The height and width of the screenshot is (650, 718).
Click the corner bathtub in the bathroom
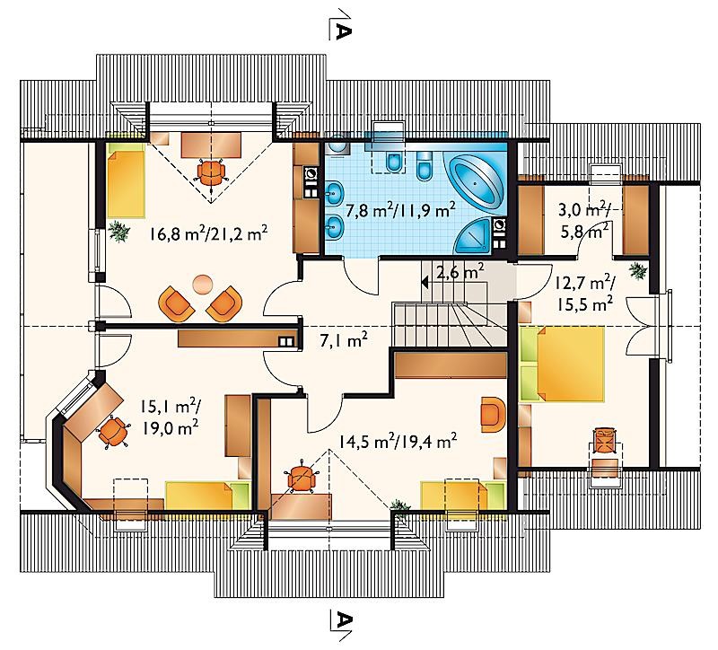click(475, 181)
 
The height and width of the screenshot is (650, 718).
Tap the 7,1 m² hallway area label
click(344, 341)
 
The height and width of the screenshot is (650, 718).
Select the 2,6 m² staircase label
click(460, 273)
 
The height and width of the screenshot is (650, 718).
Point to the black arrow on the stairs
click(425, 282)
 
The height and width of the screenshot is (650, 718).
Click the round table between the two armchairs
click(202, 284)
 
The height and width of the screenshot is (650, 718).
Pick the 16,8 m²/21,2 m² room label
click(208, 233)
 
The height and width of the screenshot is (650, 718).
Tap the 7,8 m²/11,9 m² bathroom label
click(400, 210)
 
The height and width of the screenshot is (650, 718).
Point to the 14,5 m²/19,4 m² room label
click(398, 442)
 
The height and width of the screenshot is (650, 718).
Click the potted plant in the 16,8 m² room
click(119, 232)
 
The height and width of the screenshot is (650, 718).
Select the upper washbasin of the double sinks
click(335, 192)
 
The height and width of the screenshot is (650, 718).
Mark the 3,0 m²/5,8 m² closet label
click(584, 220)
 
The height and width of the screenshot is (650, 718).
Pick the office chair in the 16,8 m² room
click(211, 171)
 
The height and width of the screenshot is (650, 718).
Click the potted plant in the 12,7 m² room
click(638, 271)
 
